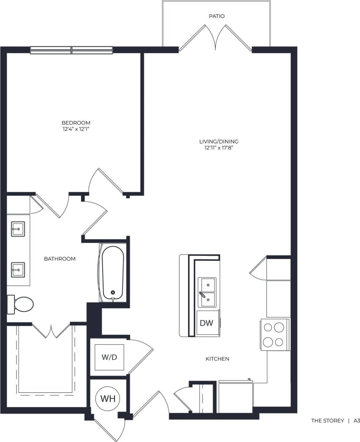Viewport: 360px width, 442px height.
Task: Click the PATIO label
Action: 216,16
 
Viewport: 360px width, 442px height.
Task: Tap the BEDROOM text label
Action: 76,123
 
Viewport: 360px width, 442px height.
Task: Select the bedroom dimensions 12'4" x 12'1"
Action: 76,129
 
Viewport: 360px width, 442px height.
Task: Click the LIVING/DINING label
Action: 219,141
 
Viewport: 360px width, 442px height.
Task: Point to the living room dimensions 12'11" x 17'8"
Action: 219,148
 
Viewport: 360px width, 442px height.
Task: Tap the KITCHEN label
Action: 217,359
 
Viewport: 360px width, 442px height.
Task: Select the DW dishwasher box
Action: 207,323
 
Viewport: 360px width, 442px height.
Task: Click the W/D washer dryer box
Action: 109,357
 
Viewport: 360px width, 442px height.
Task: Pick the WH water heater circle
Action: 108,399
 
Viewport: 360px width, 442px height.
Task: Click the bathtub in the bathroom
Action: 113,273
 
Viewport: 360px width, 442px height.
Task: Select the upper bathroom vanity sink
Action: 18,229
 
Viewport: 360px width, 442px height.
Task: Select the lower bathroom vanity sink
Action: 18,269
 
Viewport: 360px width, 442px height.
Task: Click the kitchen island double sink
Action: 208,292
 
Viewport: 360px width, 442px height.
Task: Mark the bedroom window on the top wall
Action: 71,50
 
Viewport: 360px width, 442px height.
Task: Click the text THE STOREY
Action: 327,421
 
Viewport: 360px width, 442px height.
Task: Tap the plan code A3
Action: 356,421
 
